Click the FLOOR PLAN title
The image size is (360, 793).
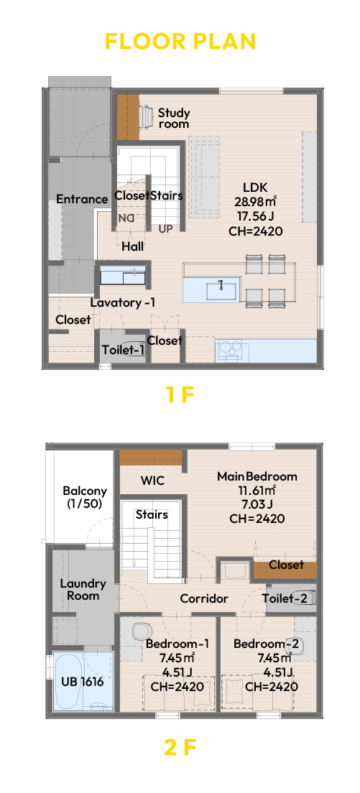(180, 42)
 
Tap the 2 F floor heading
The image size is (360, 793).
(180, 747)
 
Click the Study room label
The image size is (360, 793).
(174, 118)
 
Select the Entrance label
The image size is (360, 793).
(82, 199)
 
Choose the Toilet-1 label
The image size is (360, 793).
(124, 350)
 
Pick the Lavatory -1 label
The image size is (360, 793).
(123, 303)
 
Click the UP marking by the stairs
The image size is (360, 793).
(166, 229)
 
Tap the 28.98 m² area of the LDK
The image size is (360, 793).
(255, 202)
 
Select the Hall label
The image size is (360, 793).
(132, 247)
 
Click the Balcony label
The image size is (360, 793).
(85, 496)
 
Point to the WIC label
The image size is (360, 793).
(153, 480)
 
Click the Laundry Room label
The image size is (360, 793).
(83, 589)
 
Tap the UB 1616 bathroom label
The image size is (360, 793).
(82, 682)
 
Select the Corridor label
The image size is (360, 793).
(204, 599)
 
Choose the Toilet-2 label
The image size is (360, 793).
(284, 599)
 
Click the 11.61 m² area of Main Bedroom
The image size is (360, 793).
(257, 490)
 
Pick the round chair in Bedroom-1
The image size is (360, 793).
(142, 631)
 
